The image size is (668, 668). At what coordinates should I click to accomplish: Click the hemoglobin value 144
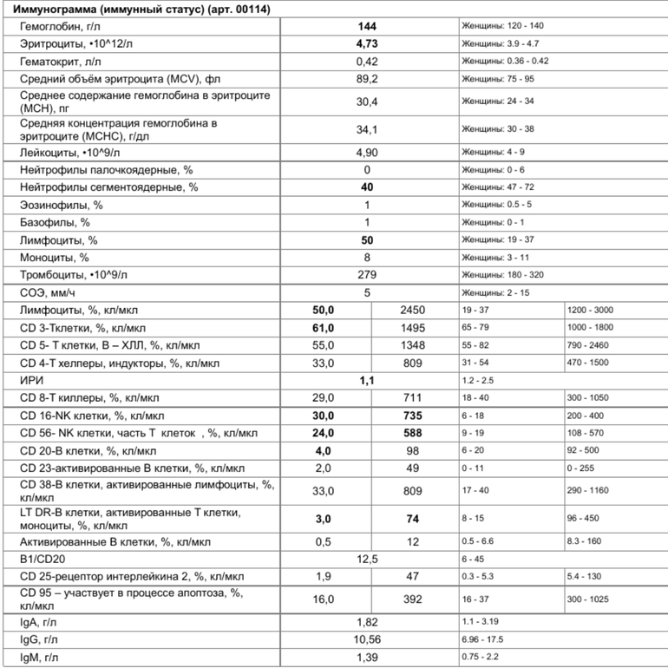[x=367, y=26]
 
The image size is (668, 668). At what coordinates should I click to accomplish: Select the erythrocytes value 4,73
[x=367, y=43]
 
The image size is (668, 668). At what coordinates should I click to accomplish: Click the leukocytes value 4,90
[x=367, y=152]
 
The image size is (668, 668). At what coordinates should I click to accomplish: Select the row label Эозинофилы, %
[x=62, y=205]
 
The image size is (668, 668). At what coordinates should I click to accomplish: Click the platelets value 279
[x=367, y=274]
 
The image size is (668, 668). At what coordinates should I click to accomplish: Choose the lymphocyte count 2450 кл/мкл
[x=413, y=310]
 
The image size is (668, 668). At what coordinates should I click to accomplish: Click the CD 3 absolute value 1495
[x=413, y=327]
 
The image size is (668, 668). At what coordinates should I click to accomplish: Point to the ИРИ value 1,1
[x=367, y=380]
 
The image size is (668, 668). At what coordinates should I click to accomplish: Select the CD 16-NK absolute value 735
[x=413, y=416]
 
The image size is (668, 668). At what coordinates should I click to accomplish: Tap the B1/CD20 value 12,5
[x=367, y=558]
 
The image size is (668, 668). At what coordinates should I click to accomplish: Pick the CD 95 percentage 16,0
[x=324, y=598]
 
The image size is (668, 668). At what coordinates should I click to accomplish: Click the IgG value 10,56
[x=367, y=639]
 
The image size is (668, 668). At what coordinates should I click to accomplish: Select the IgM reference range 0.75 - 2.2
[x=484, y=658]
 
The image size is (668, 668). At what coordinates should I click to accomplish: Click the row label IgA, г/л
[x=41, y=622]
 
